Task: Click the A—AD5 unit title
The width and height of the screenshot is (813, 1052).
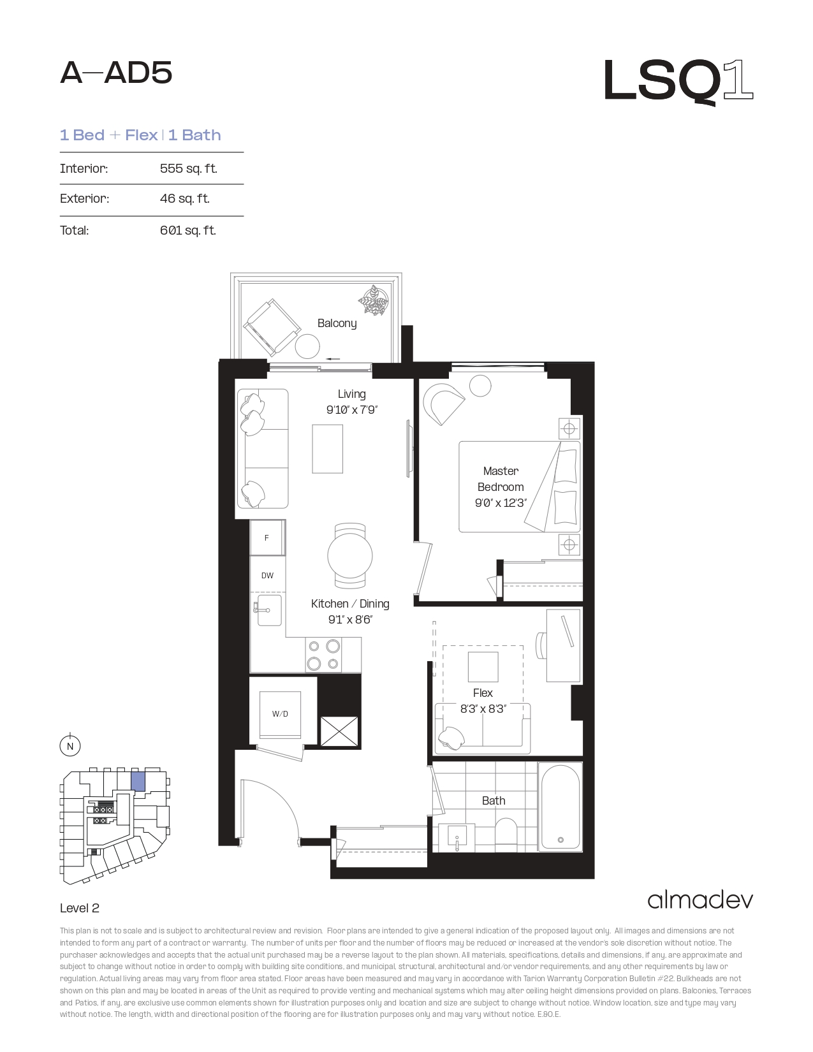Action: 116,73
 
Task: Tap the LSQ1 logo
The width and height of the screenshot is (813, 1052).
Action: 679,82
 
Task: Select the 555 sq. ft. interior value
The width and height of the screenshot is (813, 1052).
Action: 188,168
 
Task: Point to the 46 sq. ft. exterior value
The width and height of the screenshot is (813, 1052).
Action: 184,198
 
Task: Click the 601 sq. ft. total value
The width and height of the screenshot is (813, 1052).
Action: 188,230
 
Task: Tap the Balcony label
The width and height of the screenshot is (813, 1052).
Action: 337,323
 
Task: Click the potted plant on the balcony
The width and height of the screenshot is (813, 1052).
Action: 374,301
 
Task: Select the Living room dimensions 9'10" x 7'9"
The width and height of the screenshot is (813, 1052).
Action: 352,410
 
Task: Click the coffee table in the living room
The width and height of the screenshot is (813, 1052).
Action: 327,449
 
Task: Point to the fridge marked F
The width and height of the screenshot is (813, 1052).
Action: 267,537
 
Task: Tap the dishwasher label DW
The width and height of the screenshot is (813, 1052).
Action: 267,576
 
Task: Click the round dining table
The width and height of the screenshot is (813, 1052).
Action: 350,556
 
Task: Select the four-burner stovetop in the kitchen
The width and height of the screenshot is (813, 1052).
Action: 323,655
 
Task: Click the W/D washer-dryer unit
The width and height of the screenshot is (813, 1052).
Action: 280,713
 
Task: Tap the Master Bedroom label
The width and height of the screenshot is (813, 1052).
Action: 501,479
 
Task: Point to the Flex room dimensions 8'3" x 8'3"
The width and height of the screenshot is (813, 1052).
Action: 483,709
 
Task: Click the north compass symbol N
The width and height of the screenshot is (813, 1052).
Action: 70,746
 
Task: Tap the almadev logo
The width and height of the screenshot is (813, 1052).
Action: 700,900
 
